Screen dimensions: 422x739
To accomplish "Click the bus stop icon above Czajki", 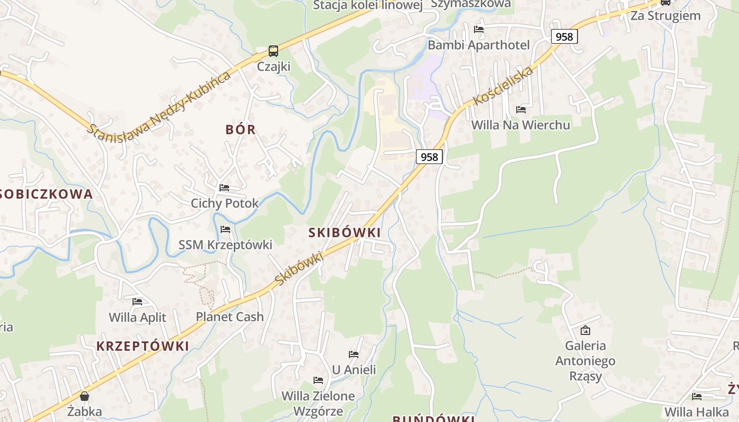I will pyautogui.click(x=273, y=51).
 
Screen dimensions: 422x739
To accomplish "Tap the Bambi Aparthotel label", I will pyautogui.click(x=478, y=45).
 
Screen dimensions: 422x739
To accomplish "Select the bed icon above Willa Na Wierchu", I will pyautogui.click(x=521, y=110).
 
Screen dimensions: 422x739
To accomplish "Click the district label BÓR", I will pyautogui.click(x=241, y=130).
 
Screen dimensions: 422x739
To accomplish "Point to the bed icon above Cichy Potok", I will pyautogui.click(x=224, y=188).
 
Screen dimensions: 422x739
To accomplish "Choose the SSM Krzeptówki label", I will pyautogui.click(x=225, y=245).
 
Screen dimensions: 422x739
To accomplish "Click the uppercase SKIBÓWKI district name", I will pyautogui.click(x=344, y=233).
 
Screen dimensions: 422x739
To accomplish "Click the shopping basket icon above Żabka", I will pyautogui.click(x=84, y=396).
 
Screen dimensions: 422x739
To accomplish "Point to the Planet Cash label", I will pyautogui.click(x=230, y=317).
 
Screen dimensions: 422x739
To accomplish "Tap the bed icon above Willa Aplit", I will pyautogui.click(x=137, y=302).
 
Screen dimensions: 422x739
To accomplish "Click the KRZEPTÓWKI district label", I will pyautogui.click(x=143, y=346).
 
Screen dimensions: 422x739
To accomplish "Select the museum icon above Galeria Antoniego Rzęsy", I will pyautogui.click(x=585, y=330).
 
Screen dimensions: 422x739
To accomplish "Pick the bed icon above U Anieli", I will pyautogui.click(x=354, y=354).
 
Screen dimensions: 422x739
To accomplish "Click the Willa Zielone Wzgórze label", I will pyautogui.click(x=318, y=404).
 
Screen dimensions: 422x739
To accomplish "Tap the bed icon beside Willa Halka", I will pyautogui.click(x=697, y=397).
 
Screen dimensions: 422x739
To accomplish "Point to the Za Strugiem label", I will pyautogui.click(x=666, y=15).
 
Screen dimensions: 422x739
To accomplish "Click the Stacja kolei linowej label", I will pyautogui.click(x=368, y=5).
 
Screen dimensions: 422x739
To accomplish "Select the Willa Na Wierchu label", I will pyautogui.click(x=520, y=125).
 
